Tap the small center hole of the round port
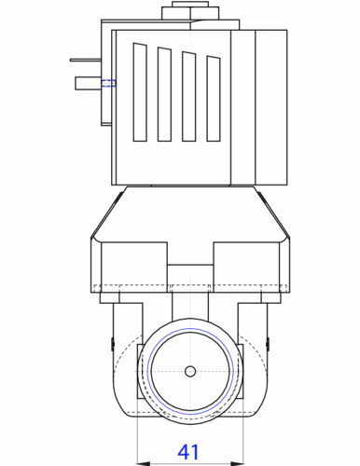click(x=190, y=371)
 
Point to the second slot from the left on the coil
click(x=165, y=94)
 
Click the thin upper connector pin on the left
click(x=83, y=63)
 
